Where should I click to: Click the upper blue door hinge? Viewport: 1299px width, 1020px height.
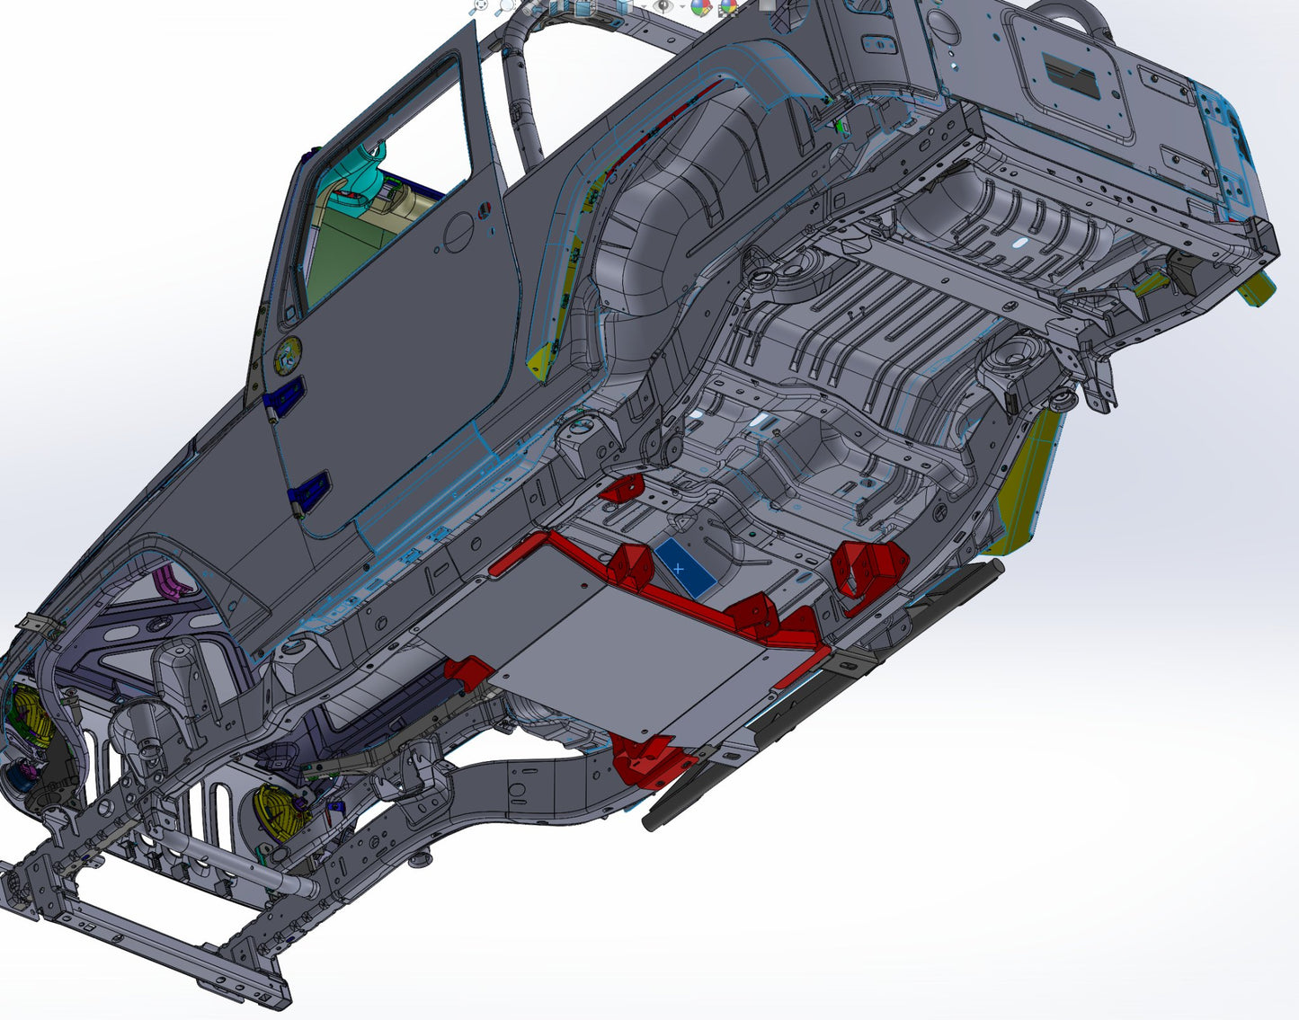click(286, 395)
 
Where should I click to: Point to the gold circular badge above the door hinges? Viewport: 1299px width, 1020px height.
click(286, 356)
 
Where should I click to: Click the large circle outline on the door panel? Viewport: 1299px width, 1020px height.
click(462, 231)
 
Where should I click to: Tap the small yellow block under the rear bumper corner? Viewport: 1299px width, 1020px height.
click(1256, 290)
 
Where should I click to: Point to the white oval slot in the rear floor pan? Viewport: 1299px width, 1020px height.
click(1023, 244)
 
